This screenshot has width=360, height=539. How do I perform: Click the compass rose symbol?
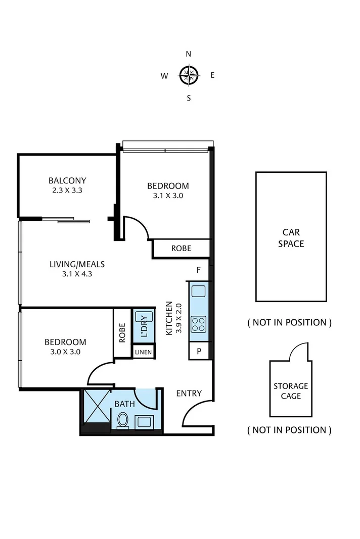pyautogui.click(x=188, y=76)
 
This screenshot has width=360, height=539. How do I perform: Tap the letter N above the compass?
pyautogui.click(x=189, y=54)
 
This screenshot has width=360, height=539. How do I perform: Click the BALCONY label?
pyautogui.click(x=67, y=180)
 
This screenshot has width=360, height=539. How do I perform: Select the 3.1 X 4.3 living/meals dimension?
pyautogui.click(x=77, y=275)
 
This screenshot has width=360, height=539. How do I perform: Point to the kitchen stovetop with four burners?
pyautogui.click(x=198, y=323)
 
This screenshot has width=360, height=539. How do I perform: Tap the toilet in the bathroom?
pyautogui.click(x=123, y=420)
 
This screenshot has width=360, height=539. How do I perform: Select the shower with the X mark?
pyautogui.click(x=96, y=405)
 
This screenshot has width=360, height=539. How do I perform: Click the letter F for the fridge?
pyautogui.click(x=199, y=270)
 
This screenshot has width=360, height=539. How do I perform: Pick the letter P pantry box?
pyautogui.click(x=199, y=351)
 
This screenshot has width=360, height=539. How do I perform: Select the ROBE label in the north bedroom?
pyautogui.click(x=181, y=249)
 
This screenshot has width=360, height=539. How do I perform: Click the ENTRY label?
pyautogui.click(x=189, y=393)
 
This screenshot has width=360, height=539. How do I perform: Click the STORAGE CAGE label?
pyautogui.click(x=291, y=391)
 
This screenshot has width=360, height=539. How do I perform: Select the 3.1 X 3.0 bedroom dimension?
pyautogui.click(x=168, y=195)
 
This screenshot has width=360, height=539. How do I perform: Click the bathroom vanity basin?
pyautogui.click(x=143, y=420)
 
